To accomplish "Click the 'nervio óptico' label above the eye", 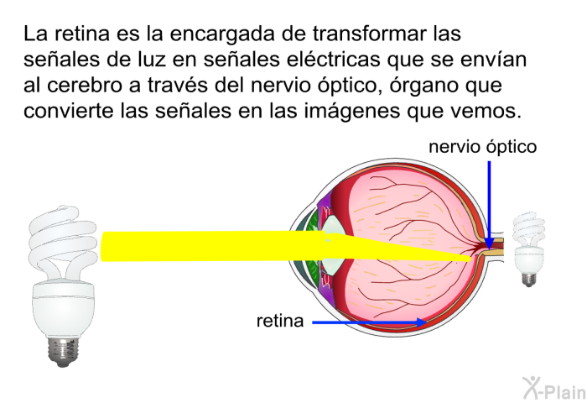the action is (482, 147).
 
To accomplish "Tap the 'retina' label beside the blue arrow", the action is (279, 321).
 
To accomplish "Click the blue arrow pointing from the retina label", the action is (369, 322).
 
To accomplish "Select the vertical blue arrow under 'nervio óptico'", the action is (489, 206).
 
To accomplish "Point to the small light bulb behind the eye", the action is (528, 249).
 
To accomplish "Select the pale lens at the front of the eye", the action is (334, 246).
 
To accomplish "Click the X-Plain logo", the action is (554, 388).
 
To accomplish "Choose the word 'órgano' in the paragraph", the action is (423, 86).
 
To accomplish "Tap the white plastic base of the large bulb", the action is (64, 308).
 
